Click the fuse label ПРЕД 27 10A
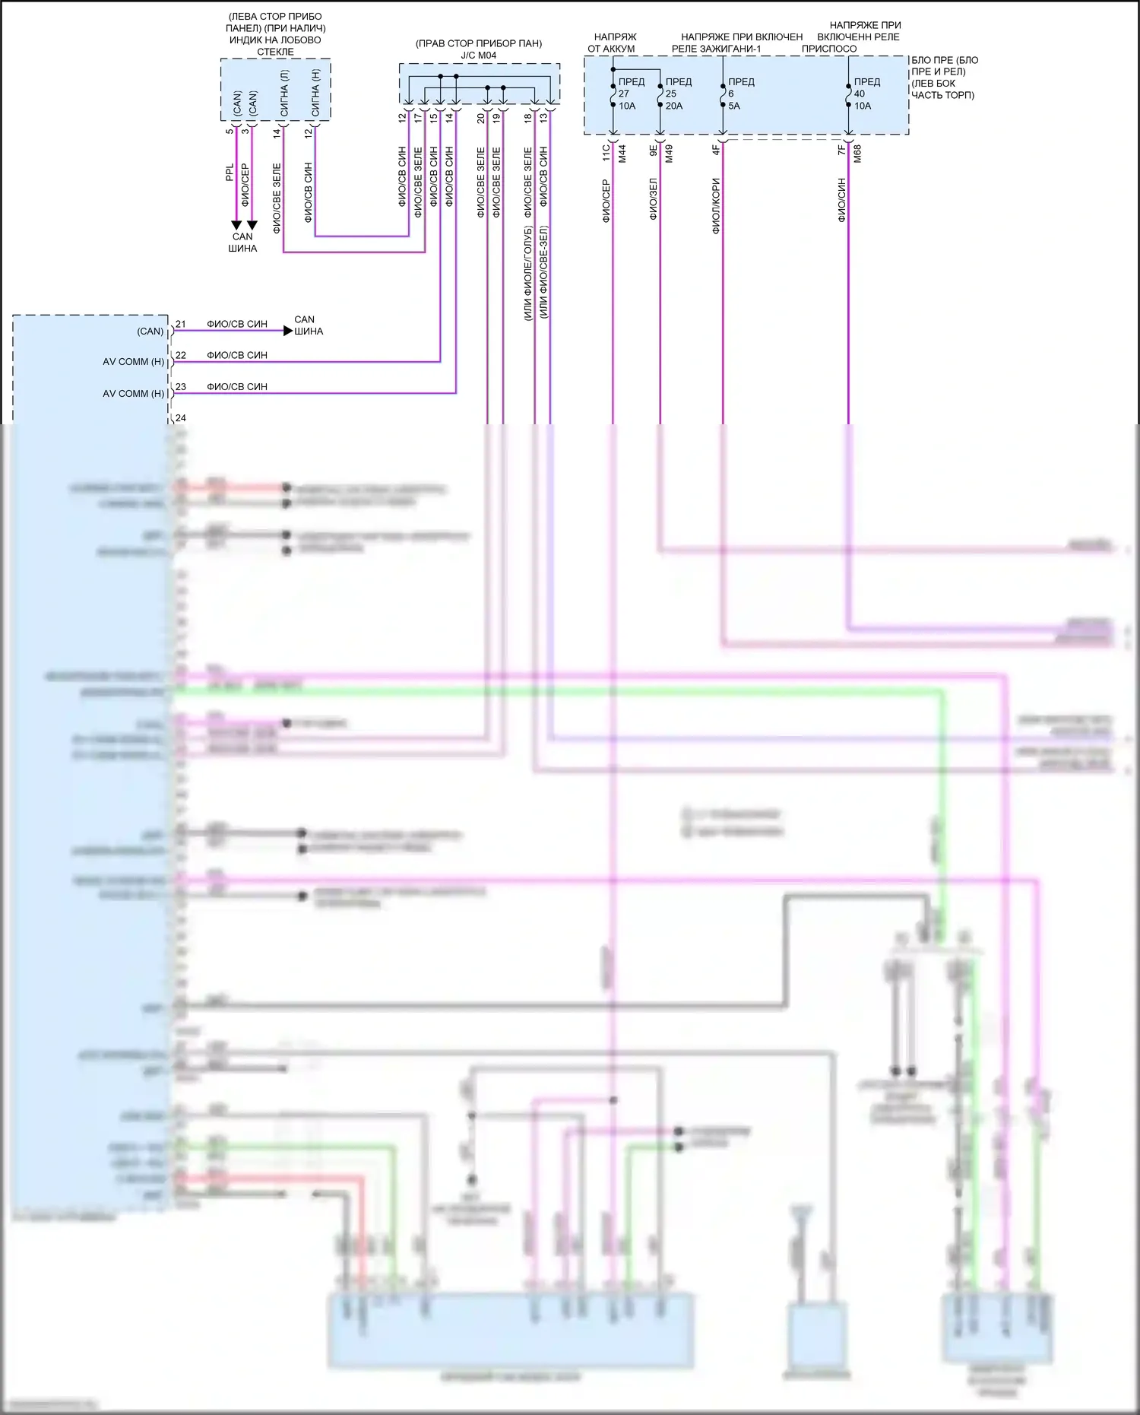630,94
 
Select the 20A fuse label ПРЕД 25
677,94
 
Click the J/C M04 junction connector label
478,56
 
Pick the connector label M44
622,154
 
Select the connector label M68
857,154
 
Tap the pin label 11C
606,152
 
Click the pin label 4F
715,151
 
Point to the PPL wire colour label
230,173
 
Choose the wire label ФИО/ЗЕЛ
653,199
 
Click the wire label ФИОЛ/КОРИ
715,206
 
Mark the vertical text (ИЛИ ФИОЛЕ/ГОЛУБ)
527,273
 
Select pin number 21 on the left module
181,324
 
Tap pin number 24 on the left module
181,418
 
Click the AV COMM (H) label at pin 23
133,394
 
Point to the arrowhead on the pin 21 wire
287,331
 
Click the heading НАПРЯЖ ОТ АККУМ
612,43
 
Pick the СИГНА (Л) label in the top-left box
284,94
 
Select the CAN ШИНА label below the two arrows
242,243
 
